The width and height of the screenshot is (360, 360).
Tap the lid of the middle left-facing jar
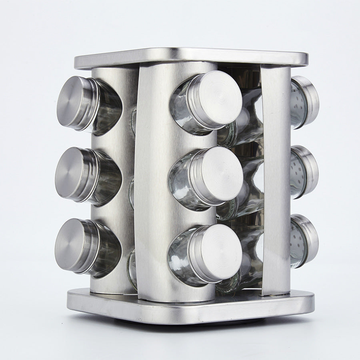point(73,174)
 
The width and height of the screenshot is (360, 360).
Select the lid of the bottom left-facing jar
point(72,245)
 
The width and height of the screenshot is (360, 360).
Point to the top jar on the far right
point(304,102)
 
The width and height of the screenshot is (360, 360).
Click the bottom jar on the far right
point(304,241)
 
